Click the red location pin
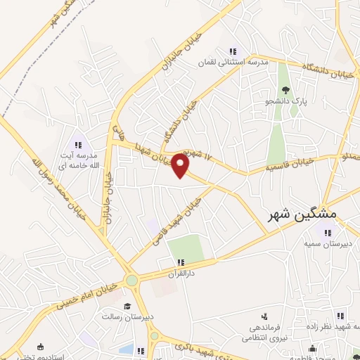click(x=181, y=166)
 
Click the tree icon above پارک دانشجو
click(x=285, y=89)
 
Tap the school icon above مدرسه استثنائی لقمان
click(x=233, y=51)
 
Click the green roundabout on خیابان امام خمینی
click(x=131, y=281)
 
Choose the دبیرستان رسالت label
click(x=127, y=317)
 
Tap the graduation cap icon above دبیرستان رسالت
click(x=127, y=306)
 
